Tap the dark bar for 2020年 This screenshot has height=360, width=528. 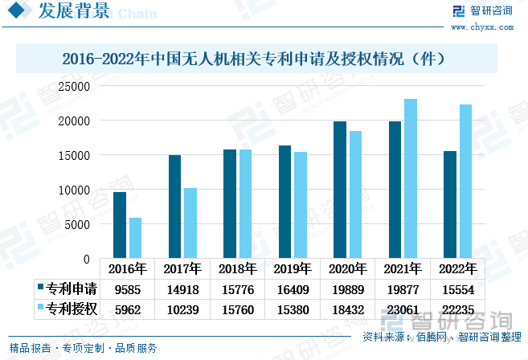tap(340, 190)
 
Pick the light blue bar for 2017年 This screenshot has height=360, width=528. tap(190, 223)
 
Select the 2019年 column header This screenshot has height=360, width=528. tap(293, 269)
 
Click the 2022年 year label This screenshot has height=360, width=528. tap(457, 269)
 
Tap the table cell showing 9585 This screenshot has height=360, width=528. tap(128, 289)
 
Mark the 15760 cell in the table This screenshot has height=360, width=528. tap(238, 309)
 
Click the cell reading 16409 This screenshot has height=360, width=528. tap(293, 289)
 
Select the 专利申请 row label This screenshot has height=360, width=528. tap(72, 289)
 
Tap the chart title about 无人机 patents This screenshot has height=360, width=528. tap(265, 59)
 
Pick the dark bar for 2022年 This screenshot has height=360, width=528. tap(450, 205)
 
